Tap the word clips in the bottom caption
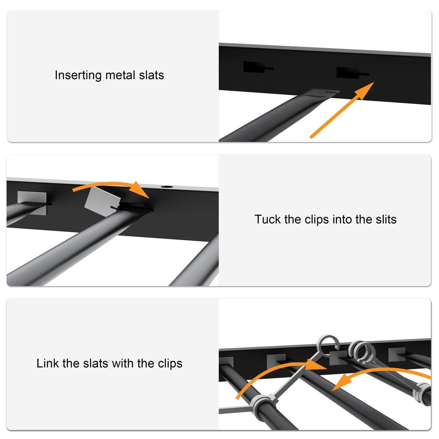pyautogui.click(x=170, y=363)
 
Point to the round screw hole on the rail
pyautogui.click(x=166, y=187)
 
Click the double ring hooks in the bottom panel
pyautogui.click(x=363, y=351)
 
